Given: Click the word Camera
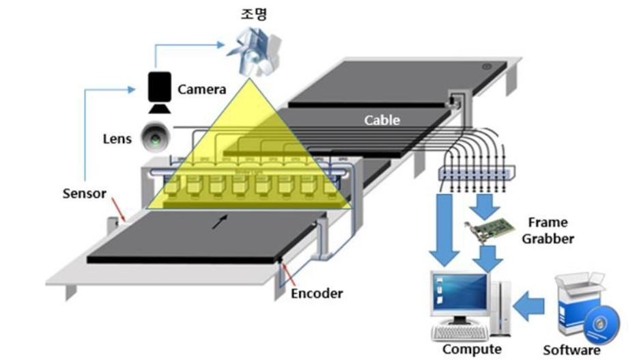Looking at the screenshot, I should pyautogui.click(x=201, y=89).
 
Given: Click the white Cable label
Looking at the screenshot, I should pyautogui.click(x=382, y=120).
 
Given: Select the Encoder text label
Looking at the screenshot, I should pyautogui.click(x=316, y=294).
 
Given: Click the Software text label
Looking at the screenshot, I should pyautogui.click(x=571, y=350).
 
